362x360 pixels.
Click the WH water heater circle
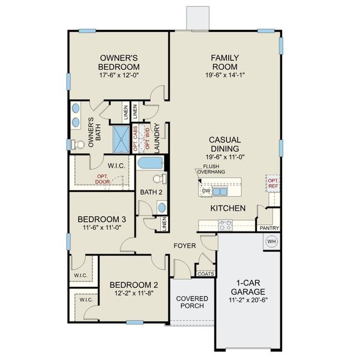(x=270, y=241)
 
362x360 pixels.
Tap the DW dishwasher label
(x=206, y=191)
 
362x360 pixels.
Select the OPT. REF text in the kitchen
(x=273, y=184)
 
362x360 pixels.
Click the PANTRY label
(x=267, y=229)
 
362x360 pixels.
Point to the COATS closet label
(x=205, y=274)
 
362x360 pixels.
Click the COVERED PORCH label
(x=192, y=302)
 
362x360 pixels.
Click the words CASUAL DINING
(x=225, y=144)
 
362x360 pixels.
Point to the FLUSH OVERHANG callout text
(x=214, y=169)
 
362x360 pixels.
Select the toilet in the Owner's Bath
(x=78, y=145)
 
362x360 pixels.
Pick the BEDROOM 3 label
(x=98, y=218)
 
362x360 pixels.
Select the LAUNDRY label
(x=157, y=139)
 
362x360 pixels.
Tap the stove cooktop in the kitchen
(x=225, y=226)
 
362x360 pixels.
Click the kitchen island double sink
(x=220, y=191)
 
